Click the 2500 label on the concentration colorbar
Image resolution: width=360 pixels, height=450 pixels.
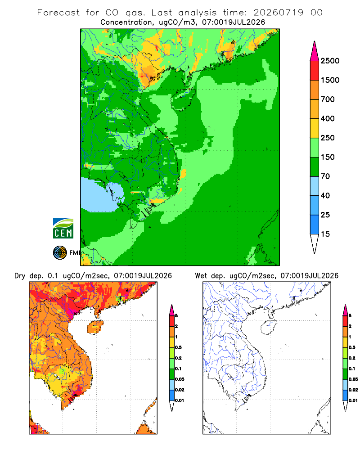click(x=330, y=61)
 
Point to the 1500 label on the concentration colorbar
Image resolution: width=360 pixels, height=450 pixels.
click(x=330, y=80)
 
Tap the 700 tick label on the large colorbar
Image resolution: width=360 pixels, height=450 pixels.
click(x=328, y=99)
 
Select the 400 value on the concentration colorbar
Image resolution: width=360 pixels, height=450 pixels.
click(x=328, y=118)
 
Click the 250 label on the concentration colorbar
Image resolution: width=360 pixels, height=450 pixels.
click(x=328, y=138)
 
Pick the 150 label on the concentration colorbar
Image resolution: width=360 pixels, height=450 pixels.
click(x=328, y=157)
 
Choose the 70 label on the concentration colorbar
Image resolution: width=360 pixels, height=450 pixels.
click(x=325, y=176)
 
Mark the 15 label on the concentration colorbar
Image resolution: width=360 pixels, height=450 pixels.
click(x=325, y=234)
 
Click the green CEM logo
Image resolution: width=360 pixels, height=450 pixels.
click(x=63, y=229)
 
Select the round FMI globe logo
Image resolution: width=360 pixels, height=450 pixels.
click(x=60, y=253)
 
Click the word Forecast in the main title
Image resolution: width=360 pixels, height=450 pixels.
click(x=58, y=13)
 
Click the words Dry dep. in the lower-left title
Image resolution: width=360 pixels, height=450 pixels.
click(x=28, y=276)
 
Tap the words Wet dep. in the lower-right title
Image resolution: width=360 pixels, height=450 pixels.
click(x=209, y=276)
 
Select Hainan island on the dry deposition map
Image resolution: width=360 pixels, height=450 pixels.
click(x=95, y=327)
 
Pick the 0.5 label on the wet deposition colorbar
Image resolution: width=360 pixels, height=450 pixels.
click(x=352, y=347)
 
